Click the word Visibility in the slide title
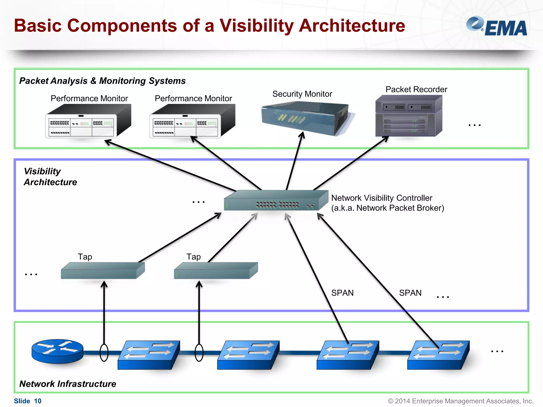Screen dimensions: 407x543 (256, 26)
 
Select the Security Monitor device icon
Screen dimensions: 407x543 (305, 118)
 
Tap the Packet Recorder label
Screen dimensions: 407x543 (416, 89)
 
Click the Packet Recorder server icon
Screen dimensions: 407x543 (408, 116)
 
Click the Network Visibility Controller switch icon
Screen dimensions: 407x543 (276, 201)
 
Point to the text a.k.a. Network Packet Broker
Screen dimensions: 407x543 (387, 208)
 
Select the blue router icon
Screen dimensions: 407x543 (58, 351)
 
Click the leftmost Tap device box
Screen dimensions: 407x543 (102, 271)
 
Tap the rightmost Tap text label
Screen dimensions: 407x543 (193, 257)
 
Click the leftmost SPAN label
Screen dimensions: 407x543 (342, 293)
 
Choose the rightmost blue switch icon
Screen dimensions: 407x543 (438, 355)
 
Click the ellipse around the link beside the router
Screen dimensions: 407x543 (104, 353)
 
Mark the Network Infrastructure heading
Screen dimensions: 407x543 (68, 384)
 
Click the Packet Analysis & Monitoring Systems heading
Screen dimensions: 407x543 (102, 81)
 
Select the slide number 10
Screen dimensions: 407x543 (38, 401)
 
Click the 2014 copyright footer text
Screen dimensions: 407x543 (461, 401)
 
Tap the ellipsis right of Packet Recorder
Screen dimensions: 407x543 (474, 125)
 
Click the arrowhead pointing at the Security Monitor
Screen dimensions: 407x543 (302, 135)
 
